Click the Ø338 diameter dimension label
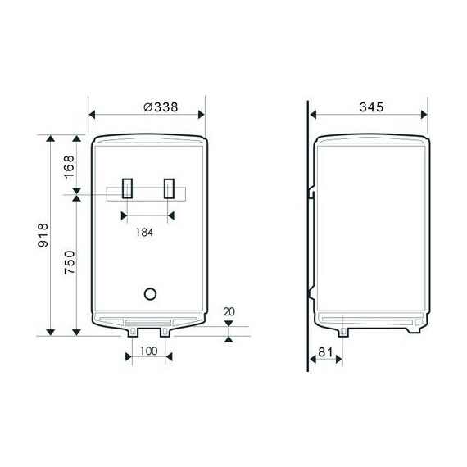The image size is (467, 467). (x=161, y=107)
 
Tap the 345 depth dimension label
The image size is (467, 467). (x=371, y=107)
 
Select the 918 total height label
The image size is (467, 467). (x=43, y=235)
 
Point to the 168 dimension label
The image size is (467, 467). (x=69, y=167)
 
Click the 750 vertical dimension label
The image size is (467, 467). (x=70, y=262)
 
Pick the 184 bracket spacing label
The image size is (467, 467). (x=144, y=233)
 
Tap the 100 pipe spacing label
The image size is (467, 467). (x=148, y=351)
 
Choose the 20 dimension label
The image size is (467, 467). (x=229, y=312)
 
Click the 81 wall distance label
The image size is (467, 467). (x=325, y=352)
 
